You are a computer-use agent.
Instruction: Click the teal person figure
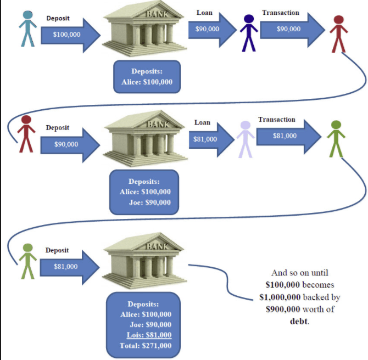26,28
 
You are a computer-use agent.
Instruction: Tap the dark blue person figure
249,32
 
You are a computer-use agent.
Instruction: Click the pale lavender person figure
245,139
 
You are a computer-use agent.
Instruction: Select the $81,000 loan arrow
208,139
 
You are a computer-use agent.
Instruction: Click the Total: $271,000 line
146,345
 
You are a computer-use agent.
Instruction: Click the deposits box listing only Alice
147,77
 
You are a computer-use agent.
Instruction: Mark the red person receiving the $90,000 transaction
339,33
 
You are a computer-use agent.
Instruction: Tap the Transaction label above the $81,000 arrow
276,120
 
